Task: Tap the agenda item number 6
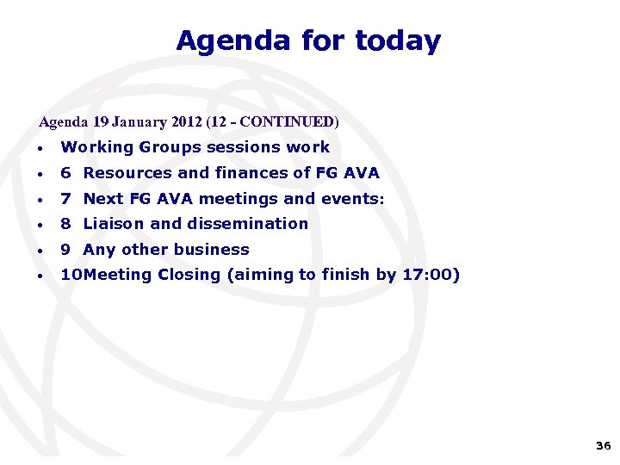pos(65,173)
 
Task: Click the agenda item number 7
pos(65,199)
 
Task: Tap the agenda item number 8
pos(65,224)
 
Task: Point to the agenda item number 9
pos(65,250)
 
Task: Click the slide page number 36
pos(603,446)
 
